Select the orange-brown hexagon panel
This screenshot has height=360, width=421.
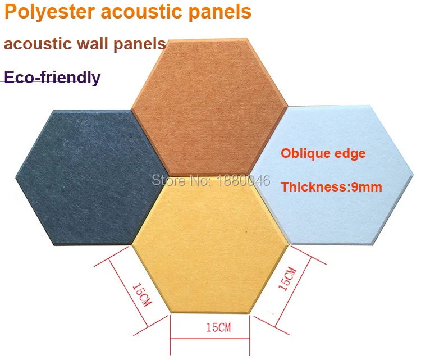[x=209, y=107]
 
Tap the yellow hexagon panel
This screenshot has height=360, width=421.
[x=210, y=244]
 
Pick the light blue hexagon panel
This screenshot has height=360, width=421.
[x=333, y=175]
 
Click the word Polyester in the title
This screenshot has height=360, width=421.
[x=50, y=12]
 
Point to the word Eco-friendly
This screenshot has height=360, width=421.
[x=52, y=78]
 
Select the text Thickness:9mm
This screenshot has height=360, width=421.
[x=332, y=187]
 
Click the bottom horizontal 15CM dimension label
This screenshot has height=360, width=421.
[x=218, y=327]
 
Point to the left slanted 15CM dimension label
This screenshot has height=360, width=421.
[x=143, y=295]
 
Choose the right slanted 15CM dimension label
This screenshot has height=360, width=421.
[x=287, y=279]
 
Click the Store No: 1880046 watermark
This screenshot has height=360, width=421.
[x=211, y=180]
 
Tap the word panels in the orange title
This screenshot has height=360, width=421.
[x=220, y=12]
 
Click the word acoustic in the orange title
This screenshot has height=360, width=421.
[x=142, y=12]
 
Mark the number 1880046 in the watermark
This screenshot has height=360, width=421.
[x=243, y=180]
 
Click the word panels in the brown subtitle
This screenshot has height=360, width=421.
[x=140, y=44]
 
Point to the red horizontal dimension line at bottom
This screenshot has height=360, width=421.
[x=210, y=339]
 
